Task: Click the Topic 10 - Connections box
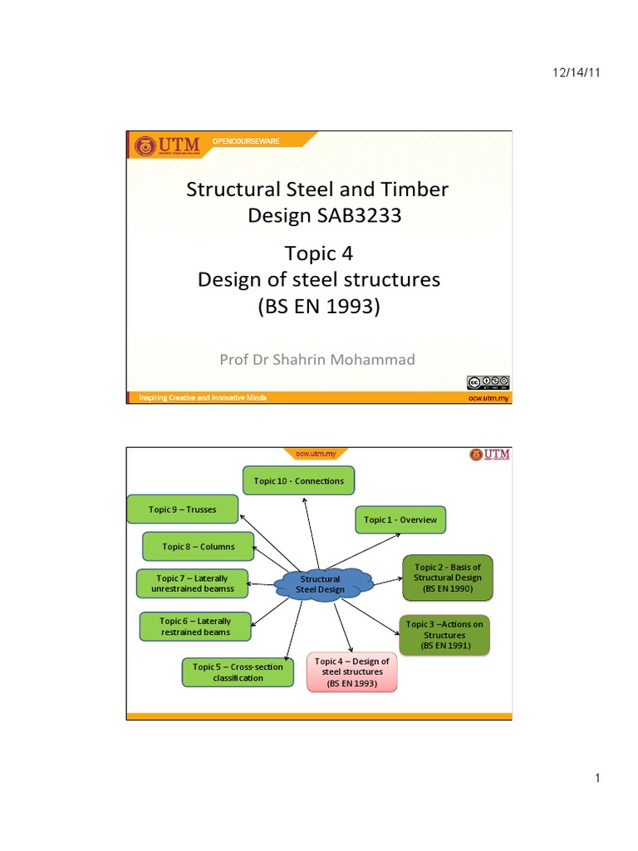299,481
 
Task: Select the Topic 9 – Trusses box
183,509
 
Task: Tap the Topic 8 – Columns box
198,547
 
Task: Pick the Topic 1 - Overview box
400,520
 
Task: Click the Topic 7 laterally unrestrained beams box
193,583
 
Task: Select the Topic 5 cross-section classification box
238,672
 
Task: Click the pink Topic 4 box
352,672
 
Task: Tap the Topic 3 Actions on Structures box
445,635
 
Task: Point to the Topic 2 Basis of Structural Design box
447,578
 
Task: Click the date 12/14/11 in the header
576,73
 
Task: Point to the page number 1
597,778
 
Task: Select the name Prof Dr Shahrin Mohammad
317,359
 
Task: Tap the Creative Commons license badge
488,382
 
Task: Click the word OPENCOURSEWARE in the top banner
247,141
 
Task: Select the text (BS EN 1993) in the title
319,307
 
